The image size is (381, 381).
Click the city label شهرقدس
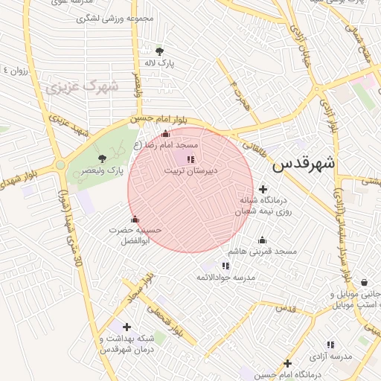point(304,164)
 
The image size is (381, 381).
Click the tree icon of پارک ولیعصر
point(102,158)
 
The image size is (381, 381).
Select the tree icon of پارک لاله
point(159,51)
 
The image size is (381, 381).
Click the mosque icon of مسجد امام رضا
point(165,134)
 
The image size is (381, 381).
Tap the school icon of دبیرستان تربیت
point(190,159)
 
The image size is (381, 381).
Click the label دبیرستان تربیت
point(190,171)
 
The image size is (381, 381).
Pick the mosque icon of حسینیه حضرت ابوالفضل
point(135,219)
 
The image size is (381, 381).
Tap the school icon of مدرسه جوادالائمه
point(225,266)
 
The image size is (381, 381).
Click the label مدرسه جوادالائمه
point(225,278)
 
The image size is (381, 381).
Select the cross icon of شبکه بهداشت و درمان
point(127,327)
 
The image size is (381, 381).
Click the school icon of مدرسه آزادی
point(330,345)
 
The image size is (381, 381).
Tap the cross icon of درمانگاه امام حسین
point(287,363)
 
